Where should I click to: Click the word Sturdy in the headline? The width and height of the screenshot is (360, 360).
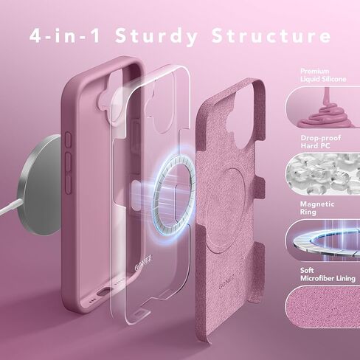[174, 35]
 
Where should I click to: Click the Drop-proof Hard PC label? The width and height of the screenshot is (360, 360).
[319, 141]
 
